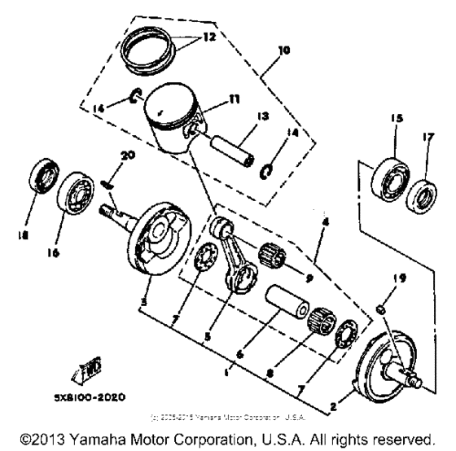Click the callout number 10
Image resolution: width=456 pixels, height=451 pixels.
pos(283,50)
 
